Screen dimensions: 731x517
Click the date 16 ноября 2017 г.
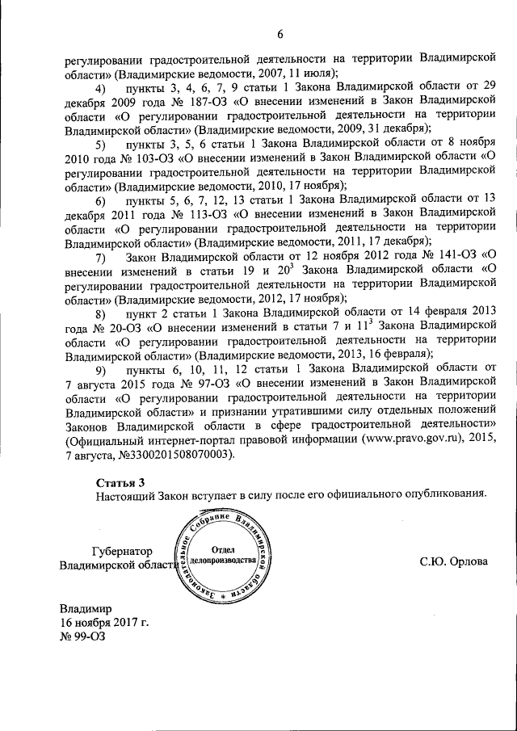[104, 623]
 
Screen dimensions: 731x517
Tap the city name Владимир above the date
[86, 608]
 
